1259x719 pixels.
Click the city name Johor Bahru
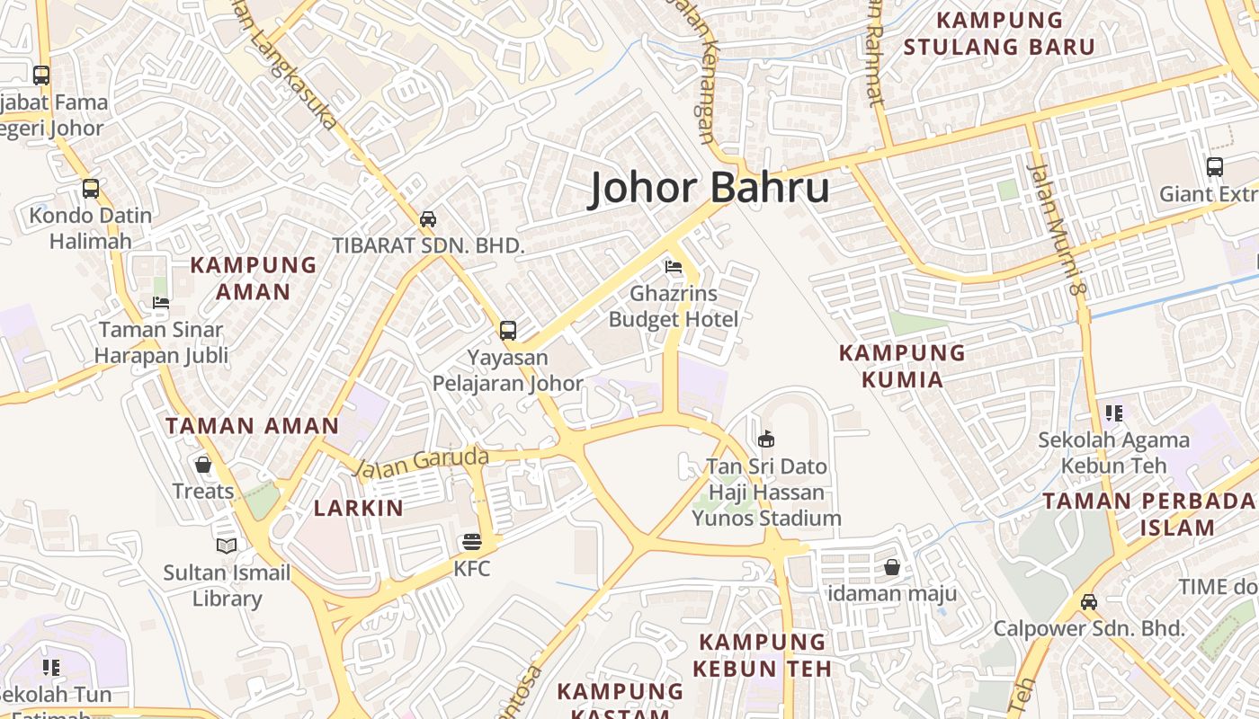coord(709,189)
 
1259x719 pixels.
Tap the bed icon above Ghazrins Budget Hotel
coord(674,267)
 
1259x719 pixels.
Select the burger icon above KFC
coord(471,542)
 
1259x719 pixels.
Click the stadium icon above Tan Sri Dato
coord(766,439)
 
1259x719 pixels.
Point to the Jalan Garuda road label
coord(420,462)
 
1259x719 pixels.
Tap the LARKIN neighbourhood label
coord(359,508)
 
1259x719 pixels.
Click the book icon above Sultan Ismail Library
coord(227,546)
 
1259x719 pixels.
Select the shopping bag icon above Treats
coord(203,465)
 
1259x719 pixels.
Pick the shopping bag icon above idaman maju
coord(892,567)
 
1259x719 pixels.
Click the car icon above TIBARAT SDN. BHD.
coord(428,218)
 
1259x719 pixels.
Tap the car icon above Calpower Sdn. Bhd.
coord(1089,601)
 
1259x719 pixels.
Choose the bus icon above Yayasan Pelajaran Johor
coord(508,330)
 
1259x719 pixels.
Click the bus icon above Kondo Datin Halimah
coord(90,189)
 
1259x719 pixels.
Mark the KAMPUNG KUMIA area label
coord(902,366)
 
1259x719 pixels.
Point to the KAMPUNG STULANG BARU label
coord(999,33)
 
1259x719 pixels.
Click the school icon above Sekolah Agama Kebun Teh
coord(1114,413)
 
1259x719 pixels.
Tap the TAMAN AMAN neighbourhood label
coord(252,426)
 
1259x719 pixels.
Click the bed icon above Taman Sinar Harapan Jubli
coord(161,303)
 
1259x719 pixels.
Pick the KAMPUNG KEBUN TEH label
coord(763,654)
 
